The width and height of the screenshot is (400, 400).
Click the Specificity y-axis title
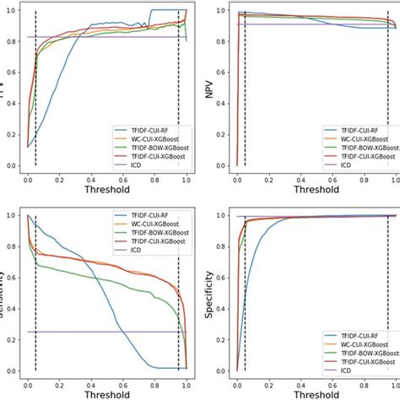click(208, 292)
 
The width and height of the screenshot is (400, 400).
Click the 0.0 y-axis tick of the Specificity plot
click(221, 371)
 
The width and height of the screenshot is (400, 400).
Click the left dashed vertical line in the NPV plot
click(245, 101)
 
